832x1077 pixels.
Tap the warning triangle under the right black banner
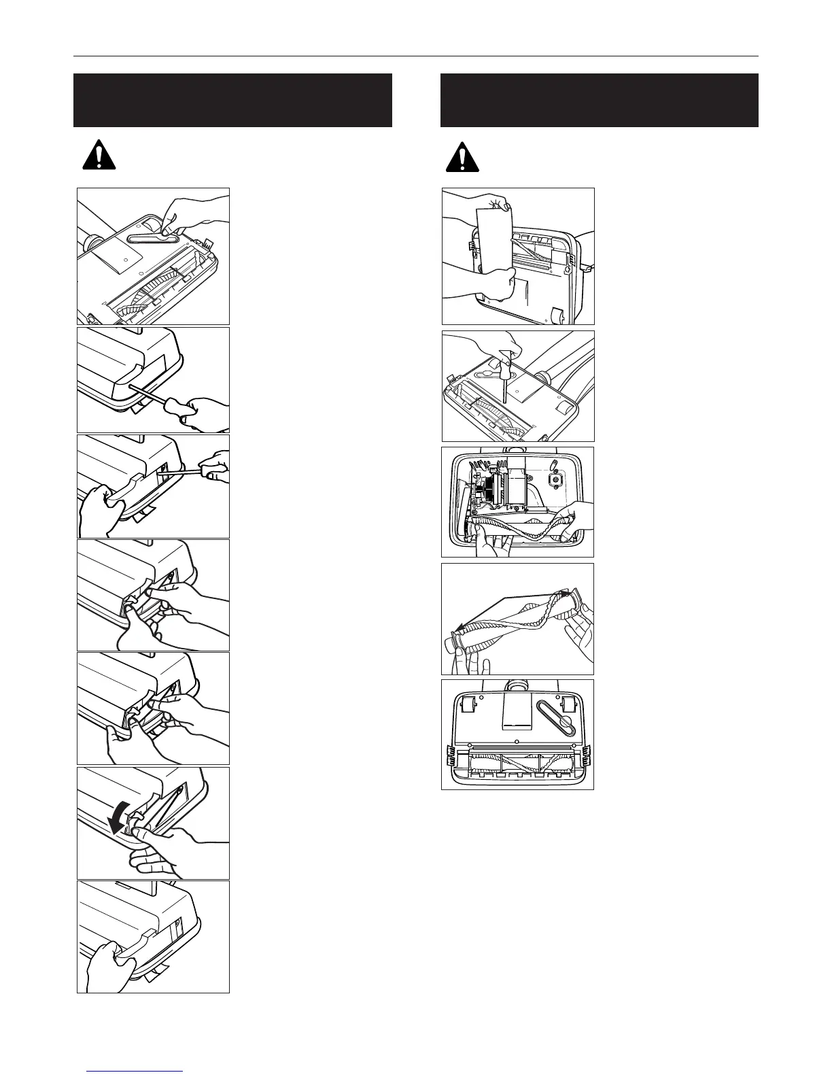[462, 157]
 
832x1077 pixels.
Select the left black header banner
[232, 100]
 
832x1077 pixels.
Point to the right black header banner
[599, 100]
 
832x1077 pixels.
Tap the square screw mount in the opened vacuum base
[556, 479]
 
